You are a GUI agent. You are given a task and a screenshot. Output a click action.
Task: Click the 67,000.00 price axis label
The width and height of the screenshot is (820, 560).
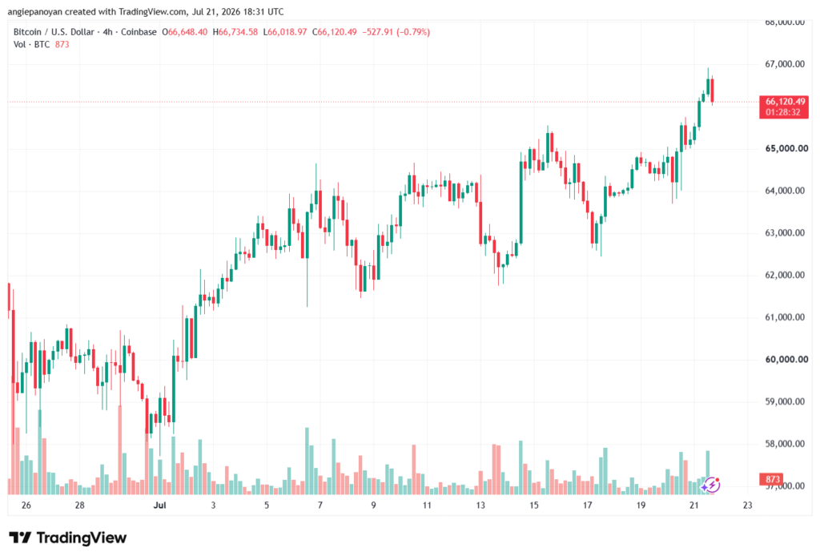785,64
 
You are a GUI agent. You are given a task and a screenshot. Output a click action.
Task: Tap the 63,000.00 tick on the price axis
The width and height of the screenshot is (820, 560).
785,232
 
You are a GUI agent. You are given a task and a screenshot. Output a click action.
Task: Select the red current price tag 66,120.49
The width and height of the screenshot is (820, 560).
785,102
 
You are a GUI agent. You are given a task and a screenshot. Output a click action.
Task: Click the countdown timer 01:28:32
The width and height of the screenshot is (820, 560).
783,112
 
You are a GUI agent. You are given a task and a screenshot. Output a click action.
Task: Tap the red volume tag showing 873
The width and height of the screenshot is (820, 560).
772,479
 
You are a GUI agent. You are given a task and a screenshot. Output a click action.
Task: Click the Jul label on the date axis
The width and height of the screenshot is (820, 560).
159,505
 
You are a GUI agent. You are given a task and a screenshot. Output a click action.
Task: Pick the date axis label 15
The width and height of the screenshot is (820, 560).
533,505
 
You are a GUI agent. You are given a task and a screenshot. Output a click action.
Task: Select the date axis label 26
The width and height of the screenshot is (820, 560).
26,505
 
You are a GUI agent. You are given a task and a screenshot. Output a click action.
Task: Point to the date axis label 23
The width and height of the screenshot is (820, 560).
747,505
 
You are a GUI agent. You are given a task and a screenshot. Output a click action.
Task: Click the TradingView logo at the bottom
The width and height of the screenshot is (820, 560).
67,538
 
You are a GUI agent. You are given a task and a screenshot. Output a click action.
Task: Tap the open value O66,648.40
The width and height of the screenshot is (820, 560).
185,32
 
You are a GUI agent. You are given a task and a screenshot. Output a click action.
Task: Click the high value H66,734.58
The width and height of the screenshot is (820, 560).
235,32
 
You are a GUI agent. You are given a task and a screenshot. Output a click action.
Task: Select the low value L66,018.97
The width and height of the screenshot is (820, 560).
285,32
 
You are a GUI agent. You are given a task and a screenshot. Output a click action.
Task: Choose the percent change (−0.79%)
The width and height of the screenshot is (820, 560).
413,32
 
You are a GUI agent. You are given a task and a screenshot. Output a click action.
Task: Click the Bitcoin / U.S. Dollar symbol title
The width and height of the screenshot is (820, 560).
54,32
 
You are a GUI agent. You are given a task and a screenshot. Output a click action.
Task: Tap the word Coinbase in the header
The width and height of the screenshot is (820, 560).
139,32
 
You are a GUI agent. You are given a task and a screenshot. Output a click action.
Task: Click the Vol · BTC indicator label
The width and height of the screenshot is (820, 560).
31,45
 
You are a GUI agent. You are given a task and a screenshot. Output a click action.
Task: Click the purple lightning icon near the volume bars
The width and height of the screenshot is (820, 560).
711,485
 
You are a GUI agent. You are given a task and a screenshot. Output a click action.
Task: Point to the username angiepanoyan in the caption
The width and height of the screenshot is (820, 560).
35,11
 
